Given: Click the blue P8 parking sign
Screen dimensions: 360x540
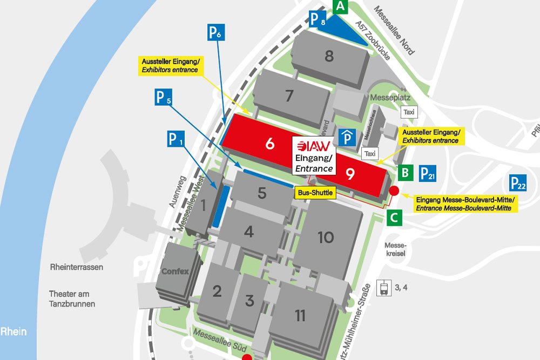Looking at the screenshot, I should [318, 20].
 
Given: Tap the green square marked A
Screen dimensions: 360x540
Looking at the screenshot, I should [340, 6].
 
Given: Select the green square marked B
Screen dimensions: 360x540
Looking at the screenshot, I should [406, 173].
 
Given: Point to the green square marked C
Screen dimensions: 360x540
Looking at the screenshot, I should [395, 218].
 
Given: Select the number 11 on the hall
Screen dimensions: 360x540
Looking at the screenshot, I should [300, 316].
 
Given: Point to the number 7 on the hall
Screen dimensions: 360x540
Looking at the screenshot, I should [289, 96].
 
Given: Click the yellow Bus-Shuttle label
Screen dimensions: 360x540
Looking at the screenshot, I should [314, 192].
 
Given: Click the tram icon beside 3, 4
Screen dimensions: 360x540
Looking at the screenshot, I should [384, 288].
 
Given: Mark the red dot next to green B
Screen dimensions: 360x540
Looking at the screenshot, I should [394, 191].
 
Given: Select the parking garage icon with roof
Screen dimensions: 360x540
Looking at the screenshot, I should [347, 137].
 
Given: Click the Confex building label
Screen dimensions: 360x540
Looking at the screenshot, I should [175, 271].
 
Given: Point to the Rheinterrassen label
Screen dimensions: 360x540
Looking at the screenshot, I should [77, 267].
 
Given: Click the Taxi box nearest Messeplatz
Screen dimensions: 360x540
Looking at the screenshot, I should [409, 112].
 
